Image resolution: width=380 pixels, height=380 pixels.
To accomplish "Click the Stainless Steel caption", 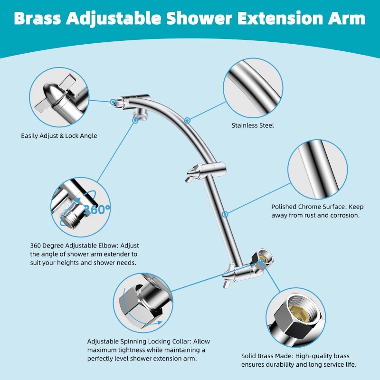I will click(253, 126).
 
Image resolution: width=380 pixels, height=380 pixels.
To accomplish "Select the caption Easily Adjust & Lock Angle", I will click(59, 136).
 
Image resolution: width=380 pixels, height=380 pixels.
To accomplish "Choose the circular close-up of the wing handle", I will click(59, 97).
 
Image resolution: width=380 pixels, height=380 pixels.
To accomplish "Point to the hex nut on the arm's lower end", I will click(264, 257).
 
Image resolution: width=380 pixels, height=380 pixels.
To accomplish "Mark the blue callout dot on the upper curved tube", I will click(188, 120).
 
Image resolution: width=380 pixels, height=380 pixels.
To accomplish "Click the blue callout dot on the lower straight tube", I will click(225, 214).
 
